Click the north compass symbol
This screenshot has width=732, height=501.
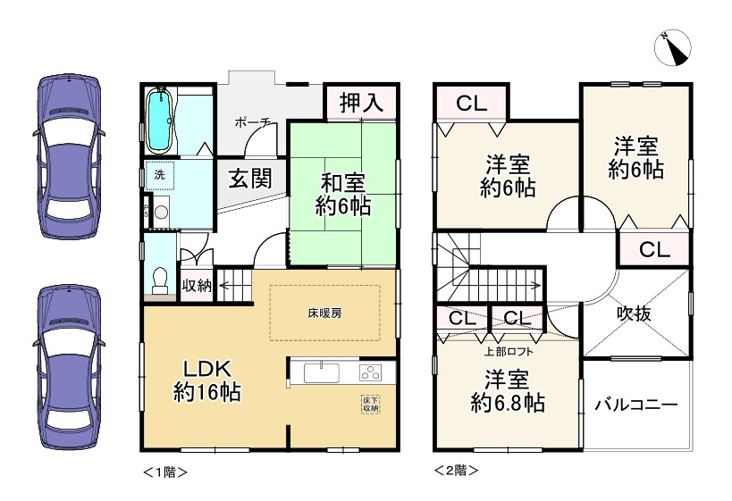coord(672,49)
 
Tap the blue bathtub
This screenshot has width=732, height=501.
coord(159,120)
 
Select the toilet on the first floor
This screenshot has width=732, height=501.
coord(159,280)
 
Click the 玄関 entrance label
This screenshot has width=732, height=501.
coord(248,178)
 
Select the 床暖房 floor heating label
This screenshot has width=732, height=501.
coord(324,313)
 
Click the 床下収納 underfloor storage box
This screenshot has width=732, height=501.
coord(370,404)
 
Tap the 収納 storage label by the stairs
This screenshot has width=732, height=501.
coord(197,287)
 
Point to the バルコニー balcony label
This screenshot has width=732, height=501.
coord(636,405)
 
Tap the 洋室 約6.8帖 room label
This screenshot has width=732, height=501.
coord(507,391)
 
